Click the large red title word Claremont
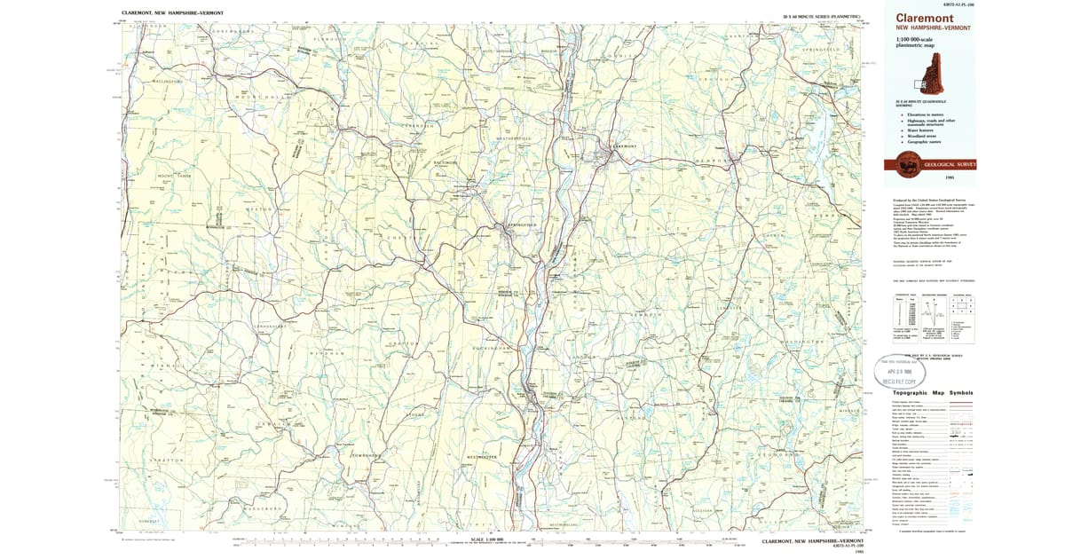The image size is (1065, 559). [x=924, y=18]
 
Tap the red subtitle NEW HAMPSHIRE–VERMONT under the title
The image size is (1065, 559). [x=934, y=28]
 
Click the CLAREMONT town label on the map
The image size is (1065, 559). [x=624, y=146]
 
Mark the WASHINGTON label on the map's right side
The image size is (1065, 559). [x=802, y=342]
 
